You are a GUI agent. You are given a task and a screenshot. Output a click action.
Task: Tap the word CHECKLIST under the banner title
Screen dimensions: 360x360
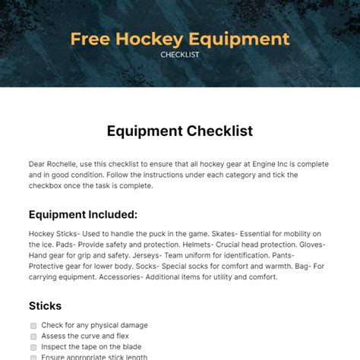(180, 55)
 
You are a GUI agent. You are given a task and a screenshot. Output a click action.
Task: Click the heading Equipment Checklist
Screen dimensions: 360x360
(180, 131)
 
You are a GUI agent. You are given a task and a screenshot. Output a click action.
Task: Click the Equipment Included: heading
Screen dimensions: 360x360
(83, 214)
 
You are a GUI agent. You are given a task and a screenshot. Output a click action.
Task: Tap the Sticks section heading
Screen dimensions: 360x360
(46, 305)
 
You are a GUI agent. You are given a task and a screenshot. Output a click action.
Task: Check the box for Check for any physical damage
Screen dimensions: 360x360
(33, 326)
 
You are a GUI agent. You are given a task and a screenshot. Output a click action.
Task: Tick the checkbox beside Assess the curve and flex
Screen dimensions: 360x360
(33, 336)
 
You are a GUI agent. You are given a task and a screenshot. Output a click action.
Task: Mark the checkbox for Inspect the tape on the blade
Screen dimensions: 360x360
(33, 347)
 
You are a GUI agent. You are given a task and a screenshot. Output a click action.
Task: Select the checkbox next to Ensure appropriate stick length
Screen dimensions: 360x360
(33, 357)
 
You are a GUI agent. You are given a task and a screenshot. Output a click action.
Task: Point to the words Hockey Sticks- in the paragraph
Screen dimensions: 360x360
(55, 234)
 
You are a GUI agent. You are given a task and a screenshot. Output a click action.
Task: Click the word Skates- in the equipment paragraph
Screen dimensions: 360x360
(216, 234)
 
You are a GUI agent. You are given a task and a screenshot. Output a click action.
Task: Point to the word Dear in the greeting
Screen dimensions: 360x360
(39, 163)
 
